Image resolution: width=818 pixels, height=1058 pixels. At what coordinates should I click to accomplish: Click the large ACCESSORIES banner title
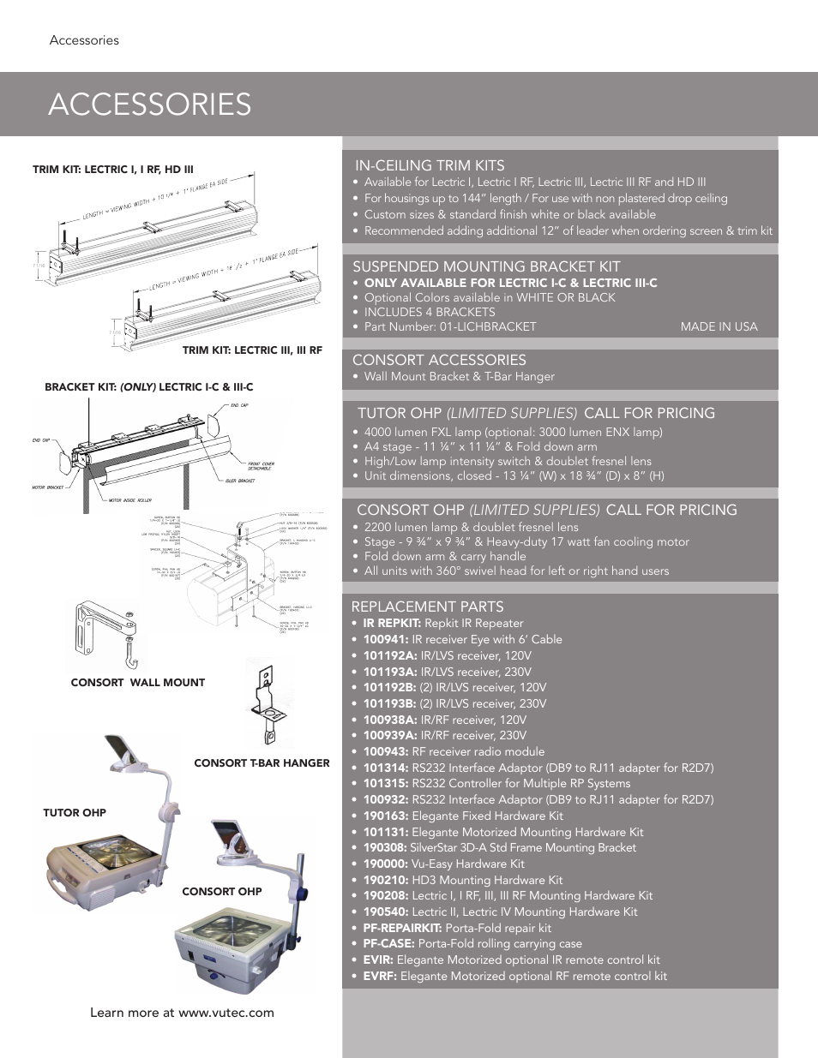click(x=150, y=105)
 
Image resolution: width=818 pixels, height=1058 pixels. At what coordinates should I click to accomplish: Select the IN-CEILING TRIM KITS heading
click(x=430, y=165)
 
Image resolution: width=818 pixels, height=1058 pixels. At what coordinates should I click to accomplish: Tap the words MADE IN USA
click(x=719, y=326)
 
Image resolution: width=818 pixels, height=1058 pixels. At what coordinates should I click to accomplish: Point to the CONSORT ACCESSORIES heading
click(x=439, y=360)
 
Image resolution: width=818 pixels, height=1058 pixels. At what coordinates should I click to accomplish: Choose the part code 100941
click(x=385, y=639)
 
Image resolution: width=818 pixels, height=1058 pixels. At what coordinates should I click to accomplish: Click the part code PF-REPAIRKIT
click(x=401, y=928)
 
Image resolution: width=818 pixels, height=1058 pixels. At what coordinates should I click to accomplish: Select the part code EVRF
click(x=379, y=976)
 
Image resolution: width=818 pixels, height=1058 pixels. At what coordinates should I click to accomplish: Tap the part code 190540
click(x=385, y=912)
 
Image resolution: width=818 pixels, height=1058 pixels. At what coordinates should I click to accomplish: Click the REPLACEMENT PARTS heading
click(x=427, y=607)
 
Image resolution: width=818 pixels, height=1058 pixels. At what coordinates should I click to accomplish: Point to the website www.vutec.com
click(x=226, y=1013)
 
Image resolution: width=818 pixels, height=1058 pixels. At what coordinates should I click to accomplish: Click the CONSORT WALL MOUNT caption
click(x=138, y=683)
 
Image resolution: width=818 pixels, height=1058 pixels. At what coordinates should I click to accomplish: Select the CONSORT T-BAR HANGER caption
click(x=262, y=762)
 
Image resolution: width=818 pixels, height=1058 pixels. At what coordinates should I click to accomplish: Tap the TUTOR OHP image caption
click(x=75, y=812)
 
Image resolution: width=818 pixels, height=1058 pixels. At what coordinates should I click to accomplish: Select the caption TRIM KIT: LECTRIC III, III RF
click(x=252, y=350)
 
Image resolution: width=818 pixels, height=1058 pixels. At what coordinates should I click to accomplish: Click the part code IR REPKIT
click(x=391, y=623)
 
